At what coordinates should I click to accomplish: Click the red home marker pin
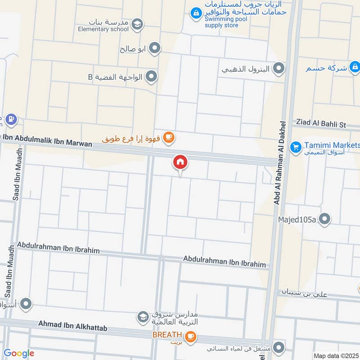pos(180,162)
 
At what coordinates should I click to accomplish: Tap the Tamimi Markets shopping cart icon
pos(296,147)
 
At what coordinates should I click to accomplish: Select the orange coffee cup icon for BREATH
pos(191,336)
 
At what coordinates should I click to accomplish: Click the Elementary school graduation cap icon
pos(138,24)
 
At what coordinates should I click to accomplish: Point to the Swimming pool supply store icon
pos(196,13)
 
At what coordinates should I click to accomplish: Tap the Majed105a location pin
pos(325,219)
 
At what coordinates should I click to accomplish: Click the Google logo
pos(19,353)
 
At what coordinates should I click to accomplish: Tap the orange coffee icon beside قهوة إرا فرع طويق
pos(168,137)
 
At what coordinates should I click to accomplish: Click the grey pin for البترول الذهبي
pos(279,69)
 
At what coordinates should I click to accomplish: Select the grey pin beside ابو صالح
pos(155,48)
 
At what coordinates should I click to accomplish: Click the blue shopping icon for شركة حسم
pos(355,68)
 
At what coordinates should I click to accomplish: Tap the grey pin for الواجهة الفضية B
pos(152,76)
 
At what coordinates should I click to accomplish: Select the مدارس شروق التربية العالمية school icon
pos(143,317)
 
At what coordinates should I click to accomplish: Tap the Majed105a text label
pos(298,219)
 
